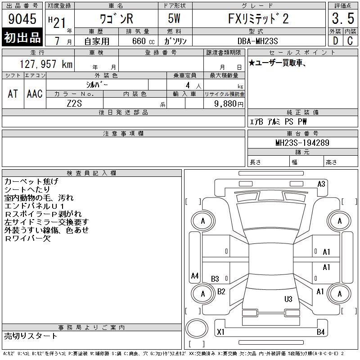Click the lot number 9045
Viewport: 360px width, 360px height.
(22, 19)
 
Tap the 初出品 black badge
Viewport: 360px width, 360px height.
(22, 37)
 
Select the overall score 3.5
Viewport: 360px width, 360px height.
(343, 18)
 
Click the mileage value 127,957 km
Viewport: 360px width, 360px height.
(46, 64)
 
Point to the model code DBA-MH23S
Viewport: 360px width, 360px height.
(257, 41)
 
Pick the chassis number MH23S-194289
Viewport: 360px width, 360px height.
(302, 143)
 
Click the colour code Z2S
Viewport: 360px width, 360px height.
(74, 103)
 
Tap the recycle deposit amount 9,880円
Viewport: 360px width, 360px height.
(229, 104)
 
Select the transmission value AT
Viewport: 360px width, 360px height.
(13, 94)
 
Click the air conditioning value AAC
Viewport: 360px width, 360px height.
(35, 94)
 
